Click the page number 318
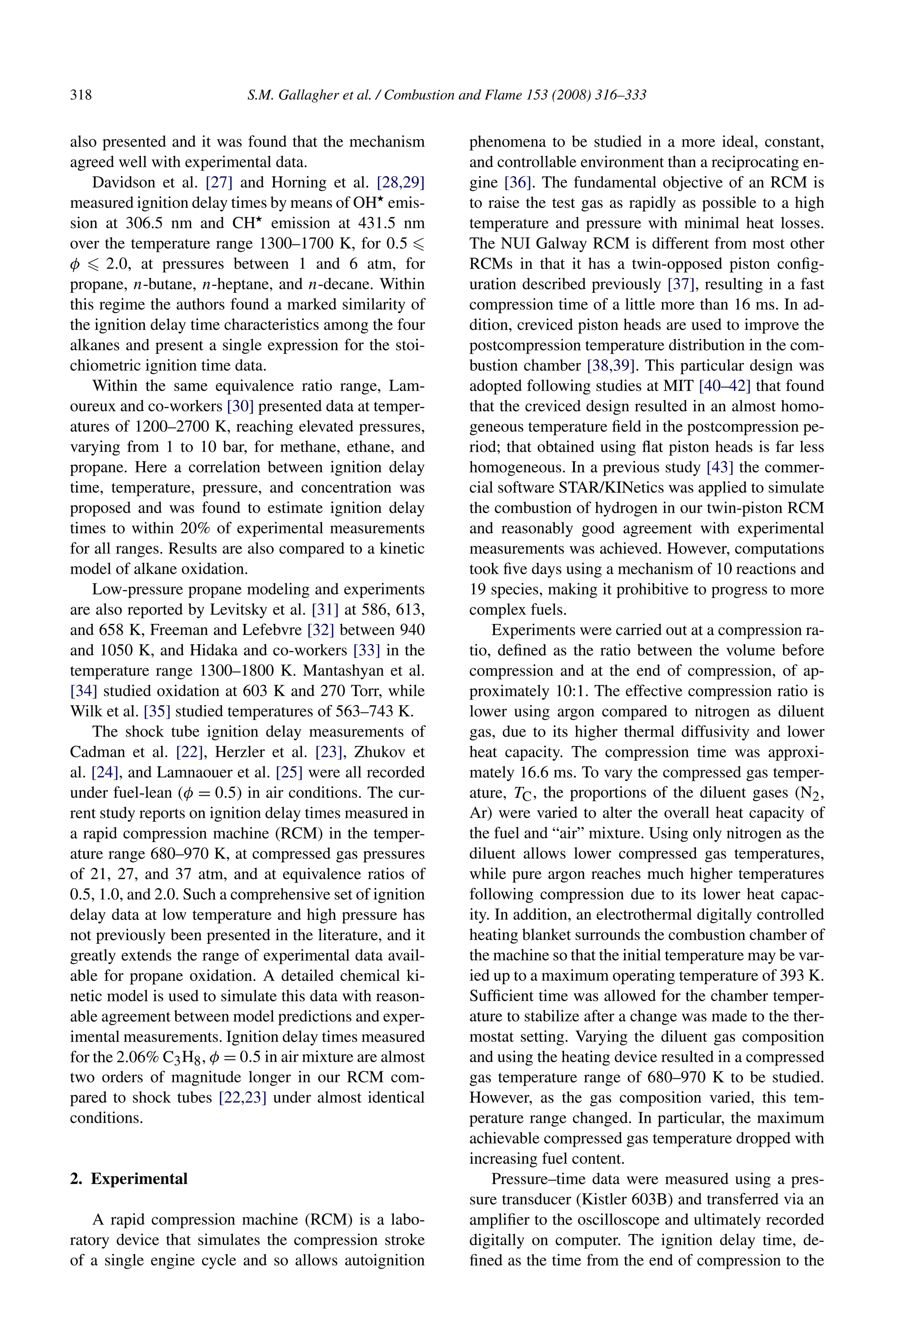[81, 95]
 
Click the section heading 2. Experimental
[129, 1178]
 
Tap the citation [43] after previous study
[720, 467]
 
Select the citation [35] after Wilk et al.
[157, 712]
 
